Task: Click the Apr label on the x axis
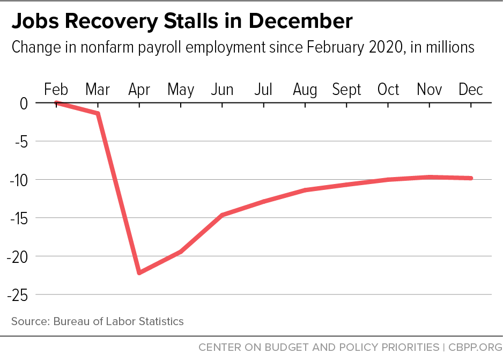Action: click(x=139, y=90)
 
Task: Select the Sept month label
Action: click(x=346, y=90)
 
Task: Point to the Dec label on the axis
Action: click(x=471, y=90)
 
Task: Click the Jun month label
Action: click(x=222, y=90)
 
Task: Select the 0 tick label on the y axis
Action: click(x=24, y=103)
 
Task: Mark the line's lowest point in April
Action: click(x=139, y=273)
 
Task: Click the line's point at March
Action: click(x=98, y=113)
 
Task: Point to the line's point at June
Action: click(x=222, y=215)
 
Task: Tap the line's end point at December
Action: click(x=471, y=178)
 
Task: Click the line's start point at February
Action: click(x=56, y=103)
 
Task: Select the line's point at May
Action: click(x=181, y=251)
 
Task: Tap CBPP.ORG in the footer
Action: click(x=472, y=347)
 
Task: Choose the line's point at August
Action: click(x=305, y=190)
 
